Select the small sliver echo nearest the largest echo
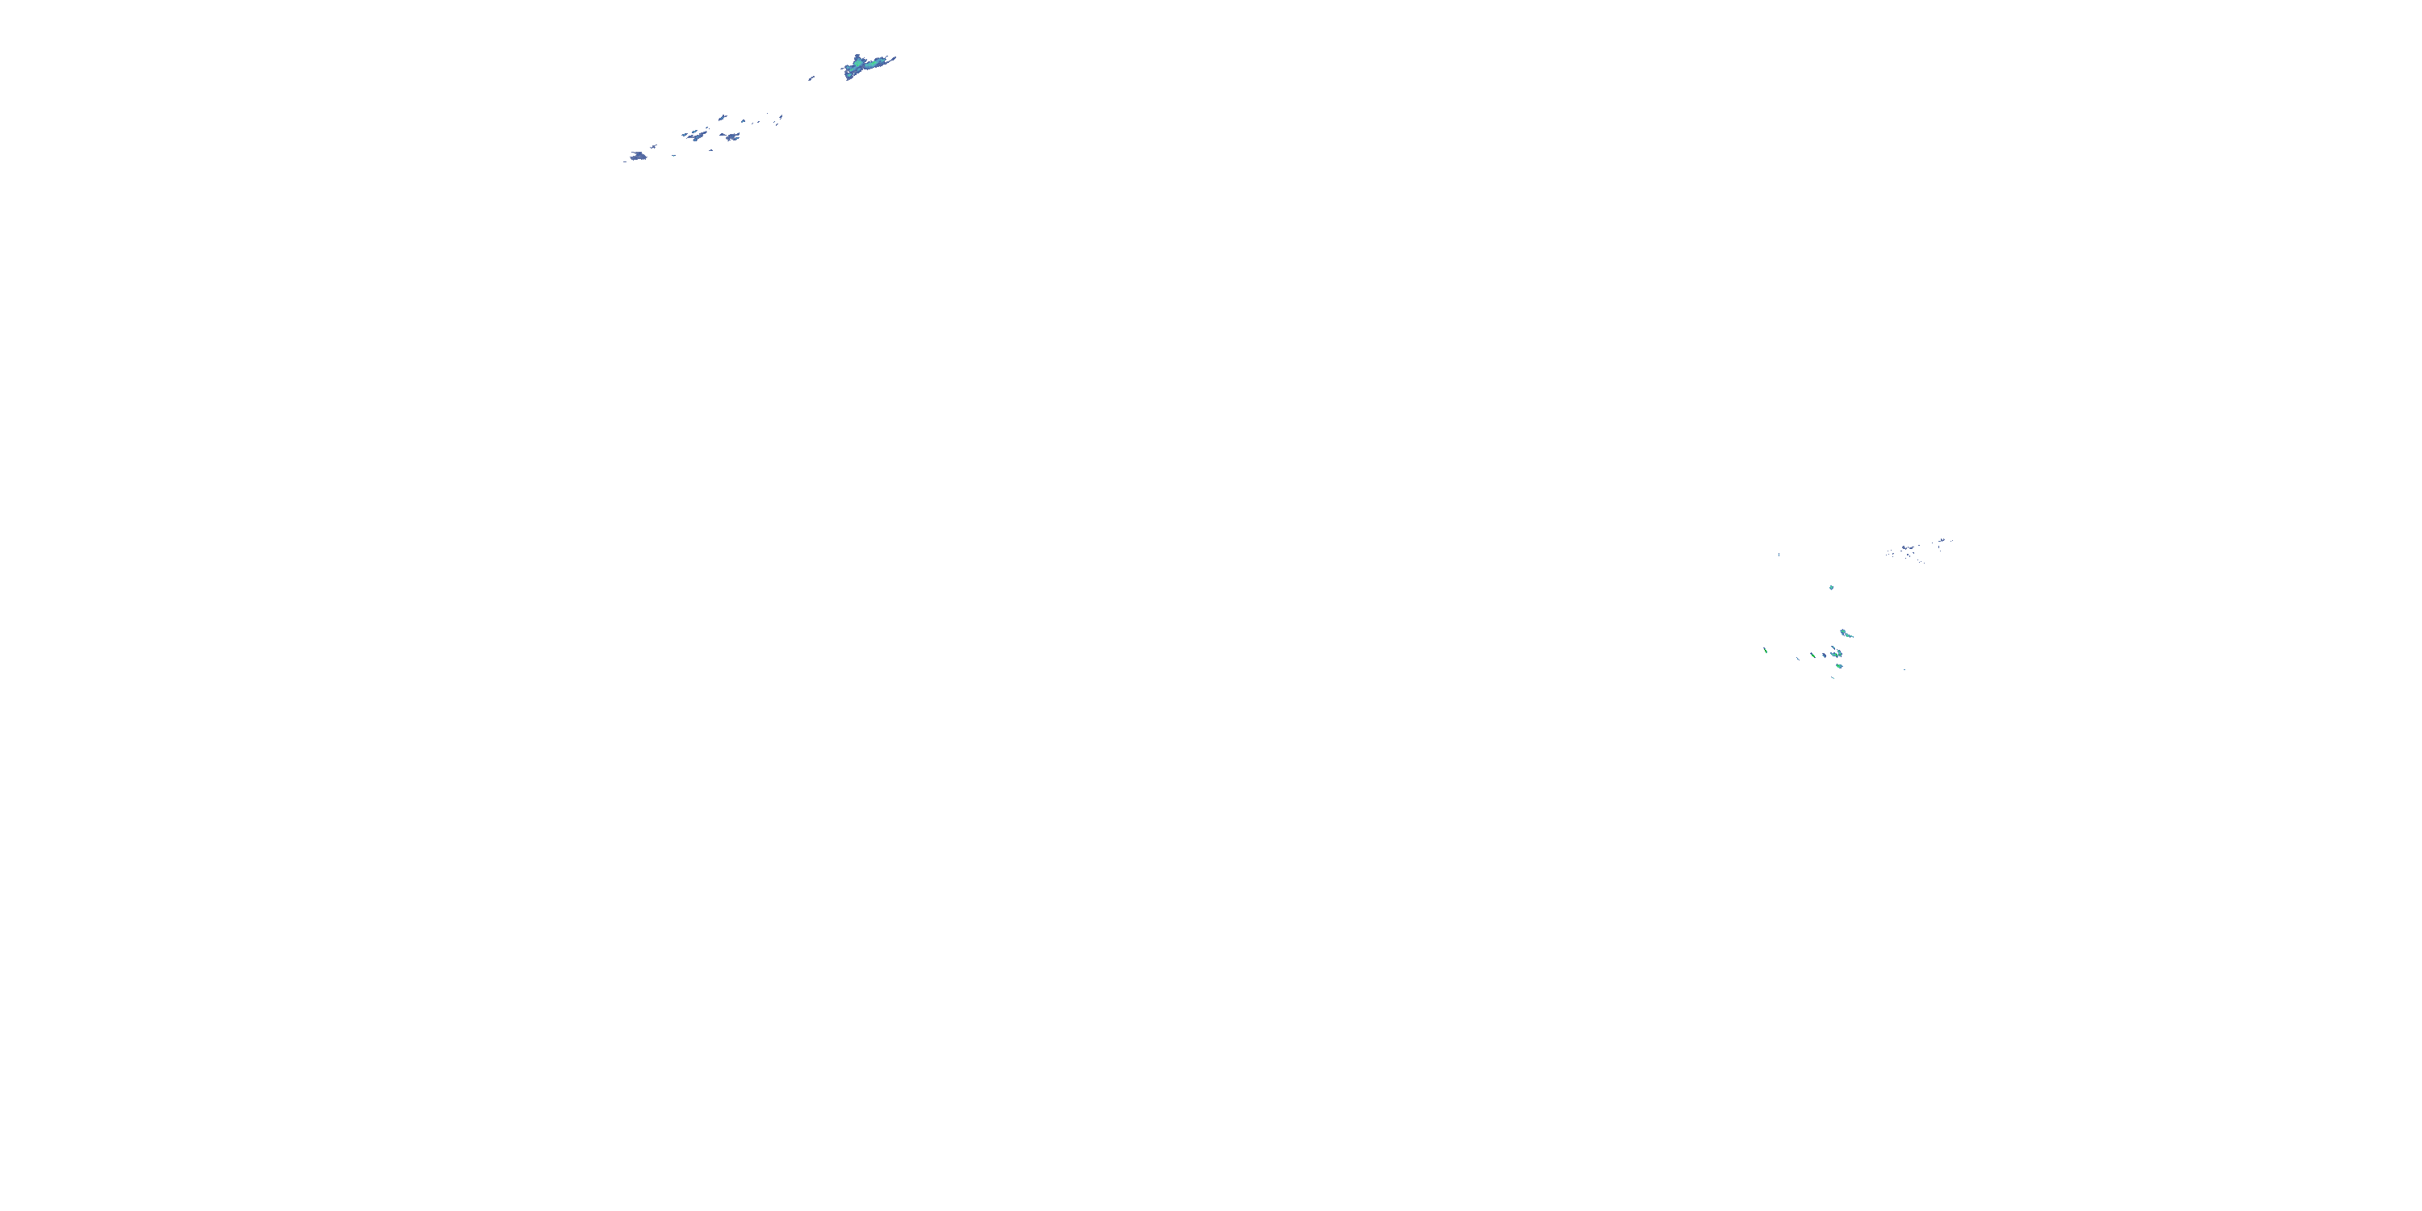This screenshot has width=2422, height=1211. pos(811,78)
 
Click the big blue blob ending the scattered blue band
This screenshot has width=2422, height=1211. pos(639,156)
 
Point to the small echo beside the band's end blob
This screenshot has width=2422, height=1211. pos(655,147)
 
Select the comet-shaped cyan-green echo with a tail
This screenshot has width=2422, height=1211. pos(1846,634)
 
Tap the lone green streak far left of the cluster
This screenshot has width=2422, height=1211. pos(1766,650)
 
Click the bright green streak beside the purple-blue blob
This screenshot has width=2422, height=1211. pos(1812,656)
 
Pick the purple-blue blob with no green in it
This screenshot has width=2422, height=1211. pos(1824,656)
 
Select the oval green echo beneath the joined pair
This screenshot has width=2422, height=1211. pos(1838,667)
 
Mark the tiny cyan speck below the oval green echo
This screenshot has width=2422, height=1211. pos(1833,677)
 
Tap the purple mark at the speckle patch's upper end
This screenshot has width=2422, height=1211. pos(1942,541)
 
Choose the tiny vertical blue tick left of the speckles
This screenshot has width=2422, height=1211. pos(1779,554)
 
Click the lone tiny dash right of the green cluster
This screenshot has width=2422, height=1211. pos(1904,669)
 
